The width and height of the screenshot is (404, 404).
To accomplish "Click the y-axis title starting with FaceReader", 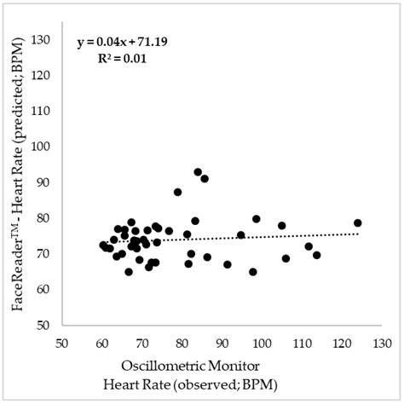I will click(18, 181).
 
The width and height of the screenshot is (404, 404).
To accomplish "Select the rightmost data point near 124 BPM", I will click(358, 223).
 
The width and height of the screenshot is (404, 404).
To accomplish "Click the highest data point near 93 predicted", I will click(198, 172).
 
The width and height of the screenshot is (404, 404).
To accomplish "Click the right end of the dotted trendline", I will click(358, 233).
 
